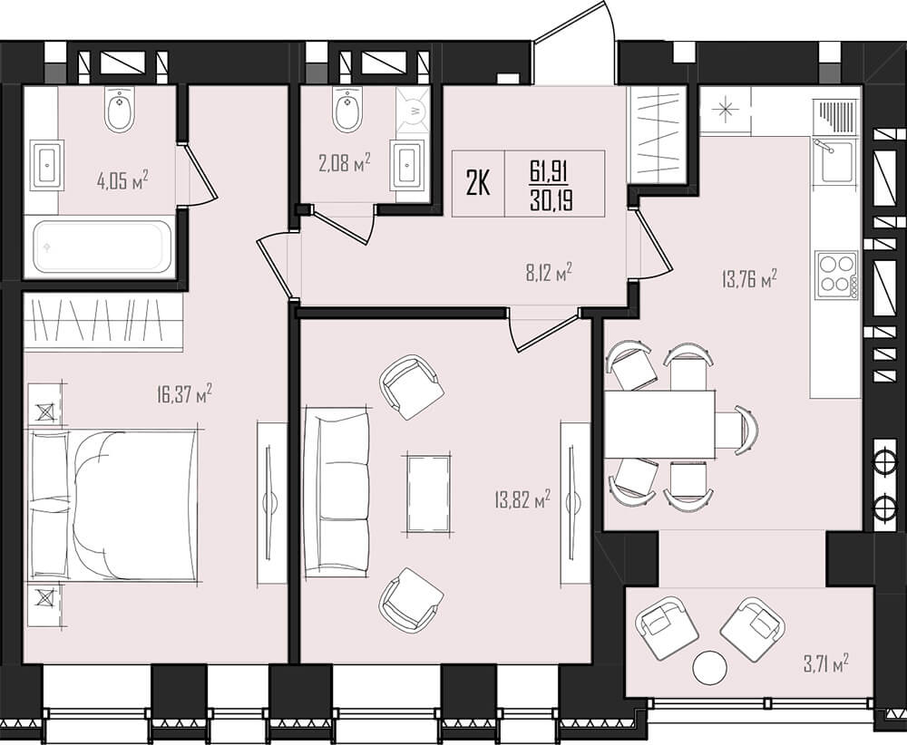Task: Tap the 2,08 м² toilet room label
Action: pos(344,163)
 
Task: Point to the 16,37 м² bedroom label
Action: pos(184,395)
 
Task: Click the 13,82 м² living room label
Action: pos(522,498)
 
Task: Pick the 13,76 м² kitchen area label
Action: pos(748,280)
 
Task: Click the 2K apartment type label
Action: pos(478,184)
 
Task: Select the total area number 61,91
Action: pos(549,171)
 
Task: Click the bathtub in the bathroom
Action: pos(102,247)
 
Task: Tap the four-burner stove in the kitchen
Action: pos(836,276)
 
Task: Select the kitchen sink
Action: pos(833,161)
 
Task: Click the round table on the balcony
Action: pos(710,669)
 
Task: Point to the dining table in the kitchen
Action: pos(660,423)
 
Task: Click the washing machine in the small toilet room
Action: pos(413,111)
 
